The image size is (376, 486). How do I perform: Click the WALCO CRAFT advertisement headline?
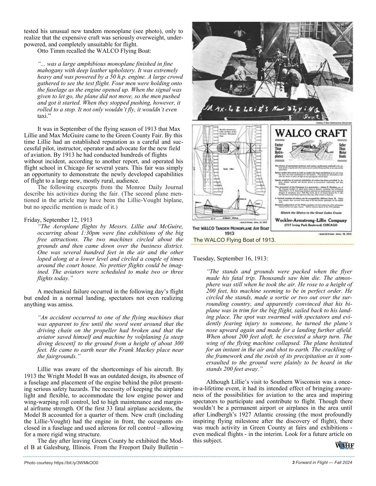[311, 133]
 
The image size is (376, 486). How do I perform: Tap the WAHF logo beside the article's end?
[344, 445]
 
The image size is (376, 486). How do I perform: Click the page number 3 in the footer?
[293, 462]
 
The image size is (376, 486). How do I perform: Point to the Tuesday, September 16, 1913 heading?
[231, 258]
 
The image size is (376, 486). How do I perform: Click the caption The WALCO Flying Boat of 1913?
[234, 240]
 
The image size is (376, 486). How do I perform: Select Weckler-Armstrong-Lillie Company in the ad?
[311, 220]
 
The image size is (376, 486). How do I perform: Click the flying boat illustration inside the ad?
[310, 152]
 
